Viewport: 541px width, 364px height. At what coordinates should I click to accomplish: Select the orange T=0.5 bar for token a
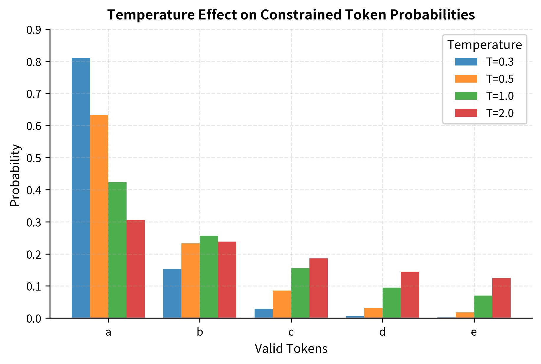(99, 217)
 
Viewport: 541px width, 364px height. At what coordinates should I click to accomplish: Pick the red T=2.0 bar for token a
(136, 269)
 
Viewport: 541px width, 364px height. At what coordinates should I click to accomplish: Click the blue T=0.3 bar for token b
(172, 294)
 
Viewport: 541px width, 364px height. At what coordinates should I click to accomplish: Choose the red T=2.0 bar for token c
(319, 288)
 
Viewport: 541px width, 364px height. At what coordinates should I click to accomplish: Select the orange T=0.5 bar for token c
(282, 304)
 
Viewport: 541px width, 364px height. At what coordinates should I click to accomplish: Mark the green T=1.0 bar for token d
(392, 303)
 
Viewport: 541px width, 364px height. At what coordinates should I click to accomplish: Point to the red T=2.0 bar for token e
(501, 298)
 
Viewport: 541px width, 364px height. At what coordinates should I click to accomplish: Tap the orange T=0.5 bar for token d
(373, 313)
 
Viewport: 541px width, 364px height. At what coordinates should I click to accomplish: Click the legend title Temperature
(485, 45)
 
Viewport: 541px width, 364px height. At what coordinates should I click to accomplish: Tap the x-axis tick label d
(382, 332)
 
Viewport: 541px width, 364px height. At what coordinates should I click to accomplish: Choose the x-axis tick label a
(108, 332)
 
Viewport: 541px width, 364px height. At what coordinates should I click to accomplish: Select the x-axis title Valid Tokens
(291, 349)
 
